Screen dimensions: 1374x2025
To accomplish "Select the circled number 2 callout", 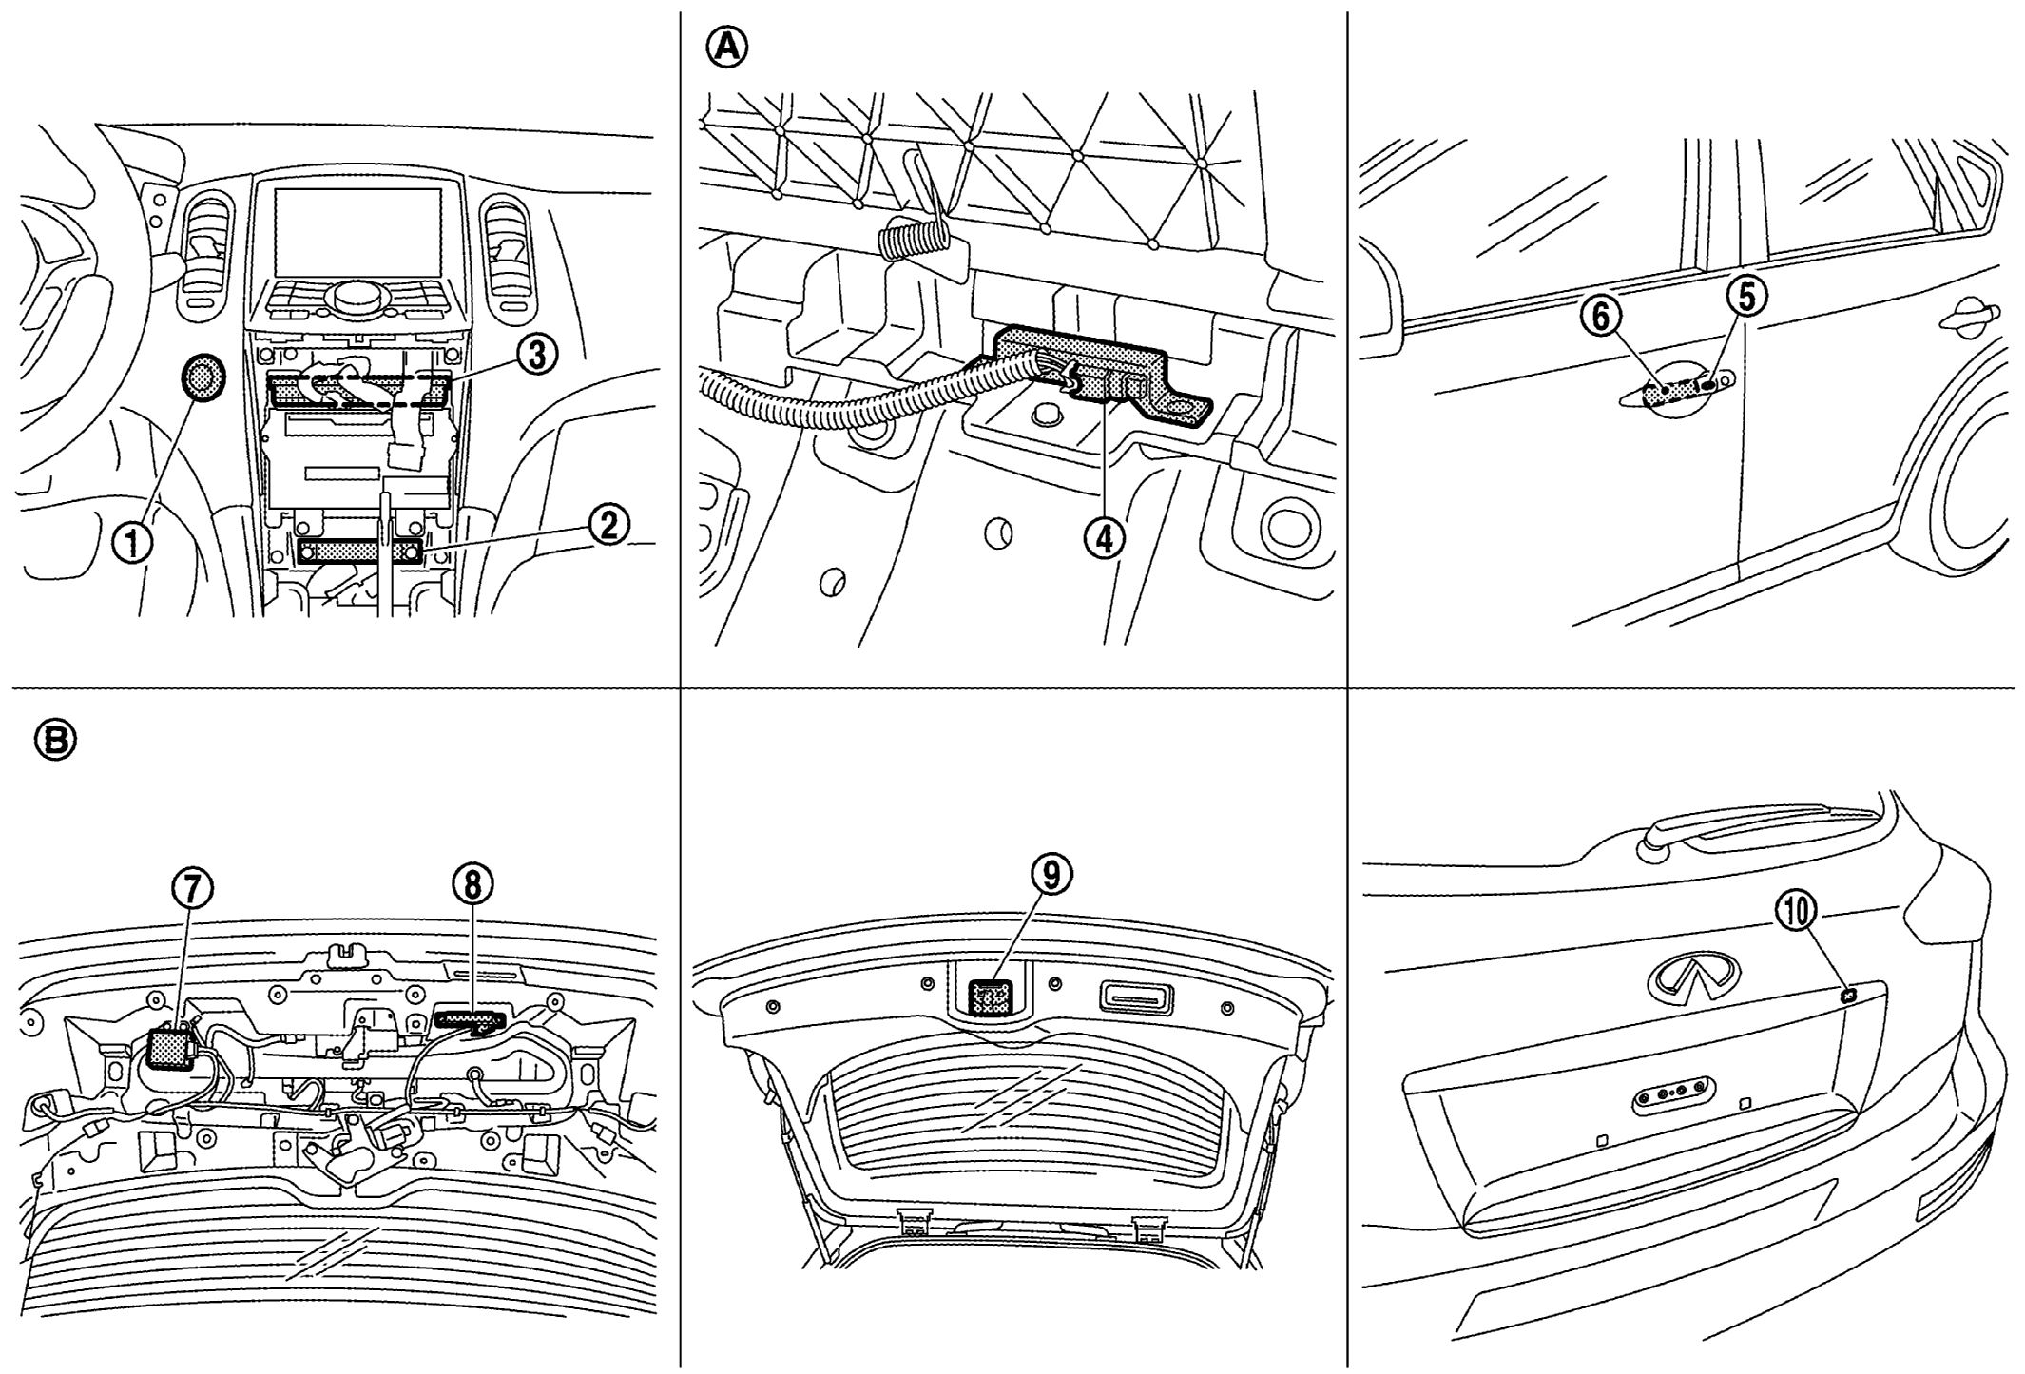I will click(607, 524).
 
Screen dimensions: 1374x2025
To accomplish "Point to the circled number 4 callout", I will click(1104, 538).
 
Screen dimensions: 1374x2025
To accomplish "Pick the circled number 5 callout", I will click(1745, 298).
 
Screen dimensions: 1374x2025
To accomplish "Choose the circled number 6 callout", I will click(1601, 316).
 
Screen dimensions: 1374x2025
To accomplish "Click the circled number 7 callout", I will click(193, 889).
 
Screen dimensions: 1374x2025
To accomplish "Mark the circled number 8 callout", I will click(473, 884).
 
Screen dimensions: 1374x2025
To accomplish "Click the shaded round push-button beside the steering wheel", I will click(202, 377).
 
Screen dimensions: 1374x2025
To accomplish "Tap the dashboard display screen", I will click(358, 227).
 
